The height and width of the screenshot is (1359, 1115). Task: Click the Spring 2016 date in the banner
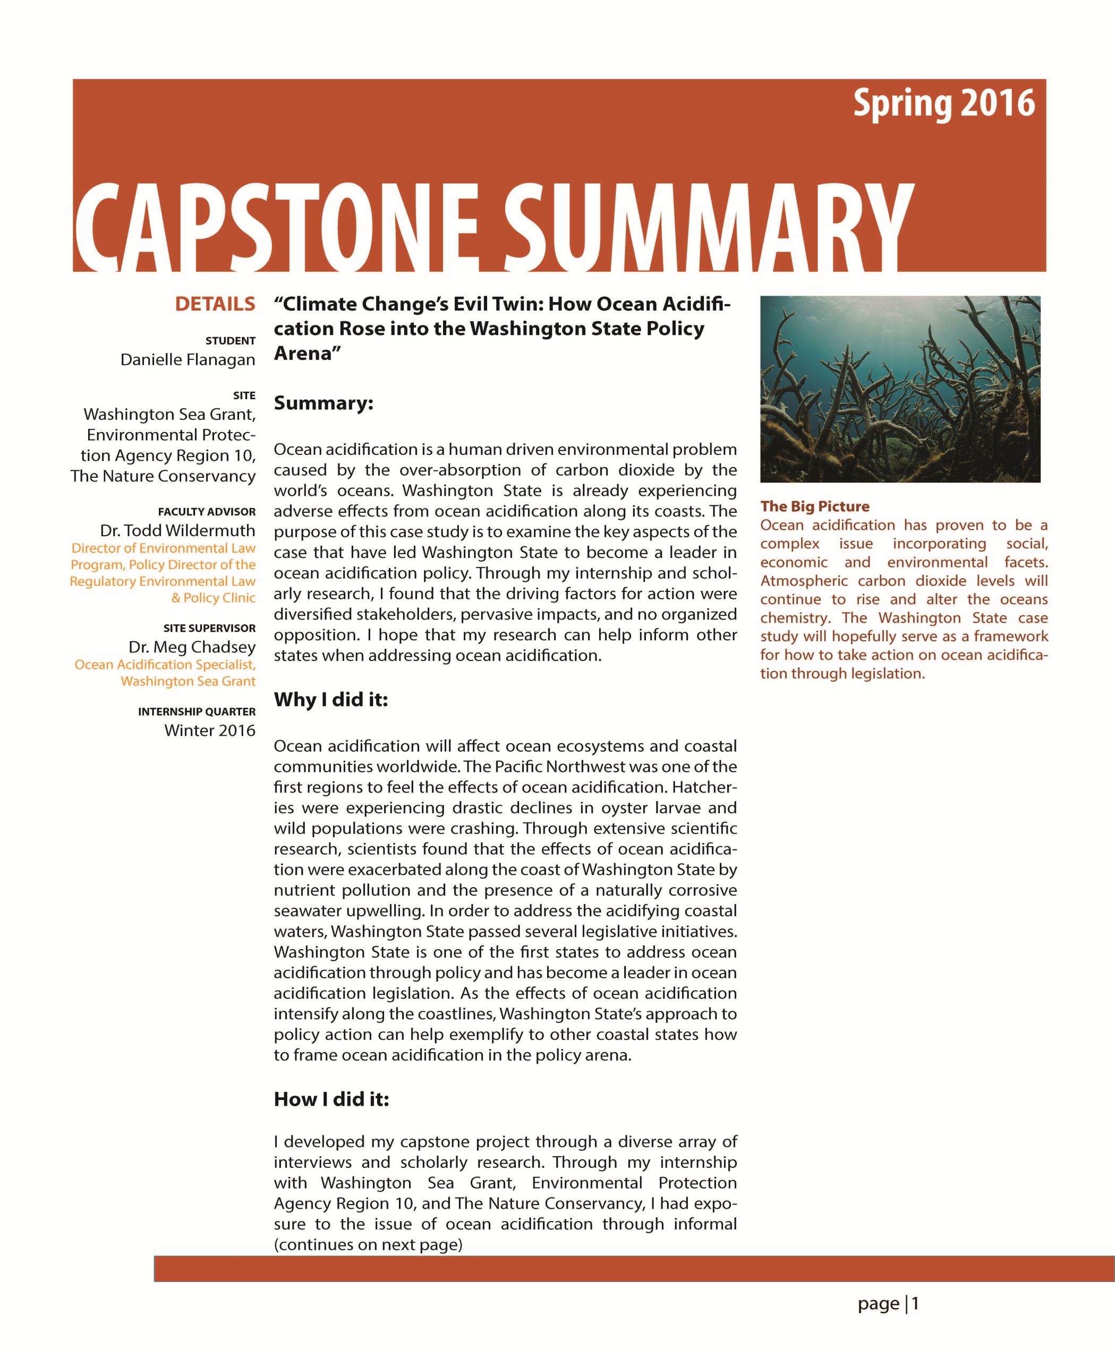(x=943, y=104)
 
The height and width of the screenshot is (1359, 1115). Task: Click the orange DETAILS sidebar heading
(x=215, y=304)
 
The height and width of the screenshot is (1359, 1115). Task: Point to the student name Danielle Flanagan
(x=188, y=359)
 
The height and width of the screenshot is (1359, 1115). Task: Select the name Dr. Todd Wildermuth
(x=177, y=530)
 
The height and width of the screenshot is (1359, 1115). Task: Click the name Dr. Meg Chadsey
(x=192, y=647)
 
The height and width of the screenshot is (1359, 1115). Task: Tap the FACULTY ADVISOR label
(x=206, y=512)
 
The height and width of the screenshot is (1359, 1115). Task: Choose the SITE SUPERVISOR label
(x=209, y=628)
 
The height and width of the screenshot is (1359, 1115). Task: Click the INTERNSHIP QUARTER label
(x=197, y=711)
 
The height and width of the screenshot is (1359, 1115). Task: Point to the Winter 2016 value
(x=209, y=730)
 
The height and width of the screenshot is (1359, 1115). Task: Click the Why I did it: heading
(x=331, y=699)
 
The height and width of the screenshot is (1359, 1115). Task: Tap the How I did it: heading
(x=331, y=1099)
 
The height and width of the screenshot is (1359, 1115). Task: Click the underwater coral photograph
(x=900, y=389)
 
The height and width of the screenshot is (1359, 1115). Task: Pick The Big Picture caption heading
(x=814, y=506)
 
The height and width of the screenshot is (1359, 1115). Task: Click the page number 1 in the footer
(x=915, y=1303)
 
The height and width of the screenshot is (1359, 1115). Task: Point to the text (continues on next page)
(x=368, y=1244)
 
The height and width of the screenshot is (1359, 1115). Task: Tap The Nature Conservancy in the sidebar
(x=163, y=476)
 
